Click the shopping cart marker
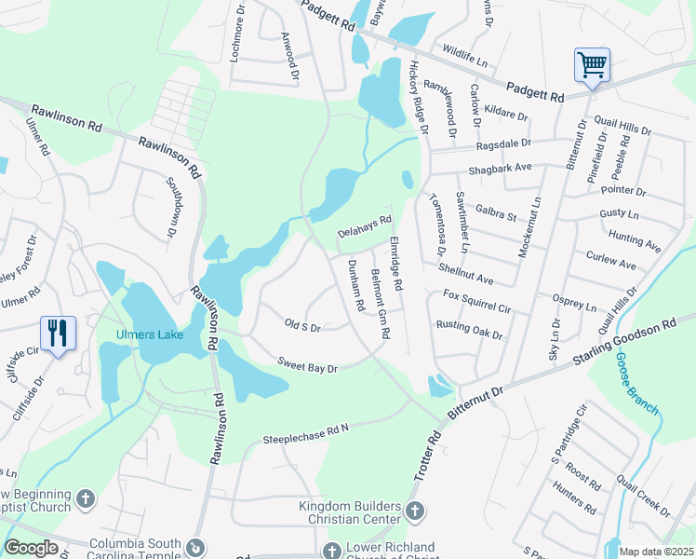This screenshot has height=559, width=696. coord(592,66)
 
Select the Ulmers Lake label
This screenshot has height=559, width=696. coord(149,334)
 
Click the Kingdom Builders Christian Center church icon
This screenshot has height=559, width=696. coord(415,511)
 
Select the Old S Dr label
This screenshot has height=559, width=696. coord(302,326)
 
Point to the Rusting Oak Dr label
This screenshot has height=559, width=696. coord(470,330)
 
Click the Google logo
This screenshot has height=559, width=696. coord(31,548)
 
